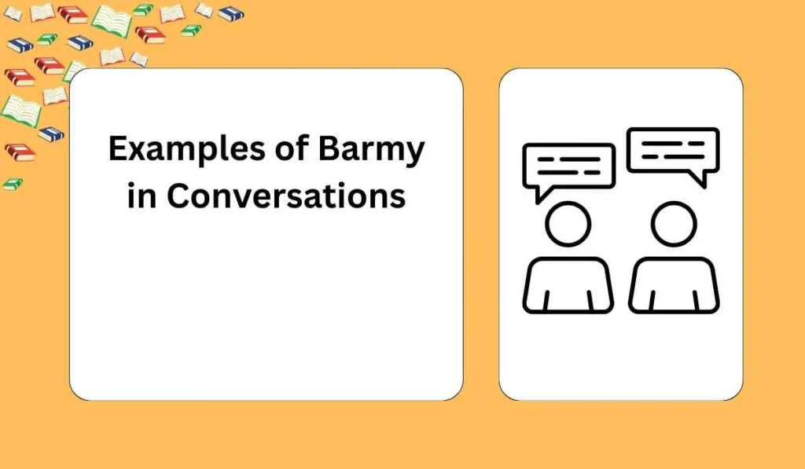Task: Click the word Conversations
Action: (286, 196)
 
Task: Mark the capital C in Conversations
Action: (178, 196)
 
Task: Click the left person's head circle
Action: (568, 224)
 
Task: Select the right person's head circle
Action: (674, 224)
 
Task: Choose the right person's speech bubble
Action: (673, 149)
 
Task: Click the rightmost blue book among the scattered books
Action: (231, 13)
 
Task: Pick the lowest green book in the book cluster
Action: (13, 184)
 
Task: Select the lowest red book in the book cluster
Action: (19, 152)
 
